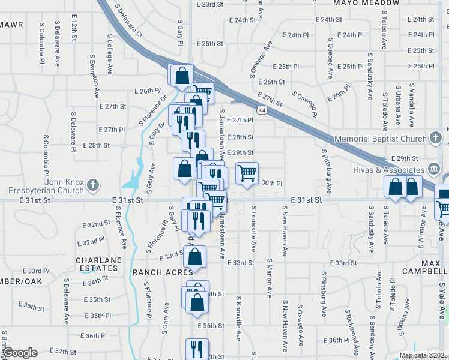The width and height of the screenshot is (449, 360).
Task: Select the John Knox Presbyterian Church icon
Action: click(x=93, y=185)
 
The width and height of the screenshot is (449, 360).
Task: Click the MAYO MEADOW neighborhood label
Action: click(x=367, y=3)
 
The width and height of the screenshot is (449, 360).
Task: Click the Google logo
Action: click(x=20, y=352)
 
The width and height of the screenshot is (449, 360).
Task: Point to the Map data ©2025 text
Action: click(x=423, y=355)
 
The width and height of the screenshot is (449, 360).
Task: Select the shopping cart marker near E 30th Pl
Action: click(x=247, y=173)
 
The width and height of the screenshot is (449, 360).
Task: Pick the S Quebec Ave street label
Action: click(x=330, y=58)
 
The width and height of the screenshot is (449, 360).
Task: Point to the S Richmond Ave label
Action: click(x=348, y=327)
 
